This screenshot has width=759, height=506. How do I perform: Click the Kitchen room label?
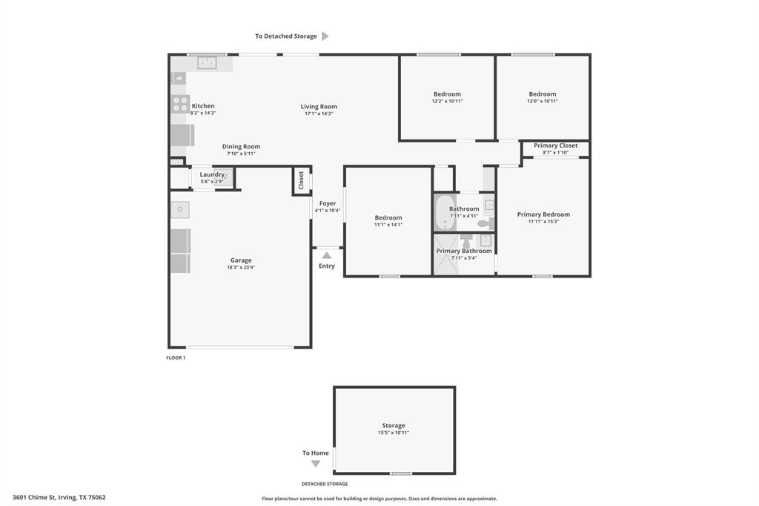[x=202, y=106]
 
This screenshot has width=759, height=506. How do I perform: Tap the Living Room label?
[x=319, y=107]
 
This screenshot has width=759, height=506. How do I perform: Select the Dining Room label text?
[x=241, y=147]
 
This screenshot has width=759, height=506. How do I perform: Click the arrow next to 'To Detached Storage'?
[x=325, y=36]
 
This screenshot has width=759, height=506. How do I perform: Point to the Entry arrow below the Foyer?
[x=326, y=255]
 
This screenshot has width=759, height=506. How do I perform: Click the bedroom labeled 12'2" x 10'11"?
[x=447, y=97]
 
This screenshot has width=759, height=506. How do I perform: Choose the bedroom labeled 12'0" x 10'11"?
[x=542, y=97]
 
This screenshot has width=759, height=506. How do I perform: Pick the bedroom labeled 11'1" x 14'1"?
[x=388, y=221]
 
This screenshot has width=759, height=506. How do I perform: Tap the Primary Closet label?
[x=555, y=146]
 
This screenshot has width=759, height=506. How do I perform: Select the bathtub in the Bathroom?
[x=444, y=212]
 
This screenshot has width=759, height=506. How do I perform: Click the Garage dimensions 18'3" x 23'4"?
[x=241, y=267]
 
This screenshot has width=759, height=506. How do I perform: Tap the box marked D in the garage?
[x=179, y=211]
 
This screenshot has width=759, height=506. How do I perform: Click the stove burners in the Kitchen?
[x=180, y=104]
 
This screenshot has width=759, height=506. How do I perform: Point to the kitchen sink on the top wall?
[x=207, y=63]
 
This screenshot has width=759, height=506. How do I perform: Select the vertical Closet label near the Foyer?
[x=301, y=180]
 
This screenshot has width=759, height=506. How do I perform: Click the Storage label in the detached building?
[x=394, y=426]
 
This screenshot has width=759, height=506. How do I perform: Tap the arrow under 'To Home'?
[x=315, y=464]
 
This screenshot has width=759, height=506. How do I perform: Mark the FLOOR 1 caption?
[x=176, y=358]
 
